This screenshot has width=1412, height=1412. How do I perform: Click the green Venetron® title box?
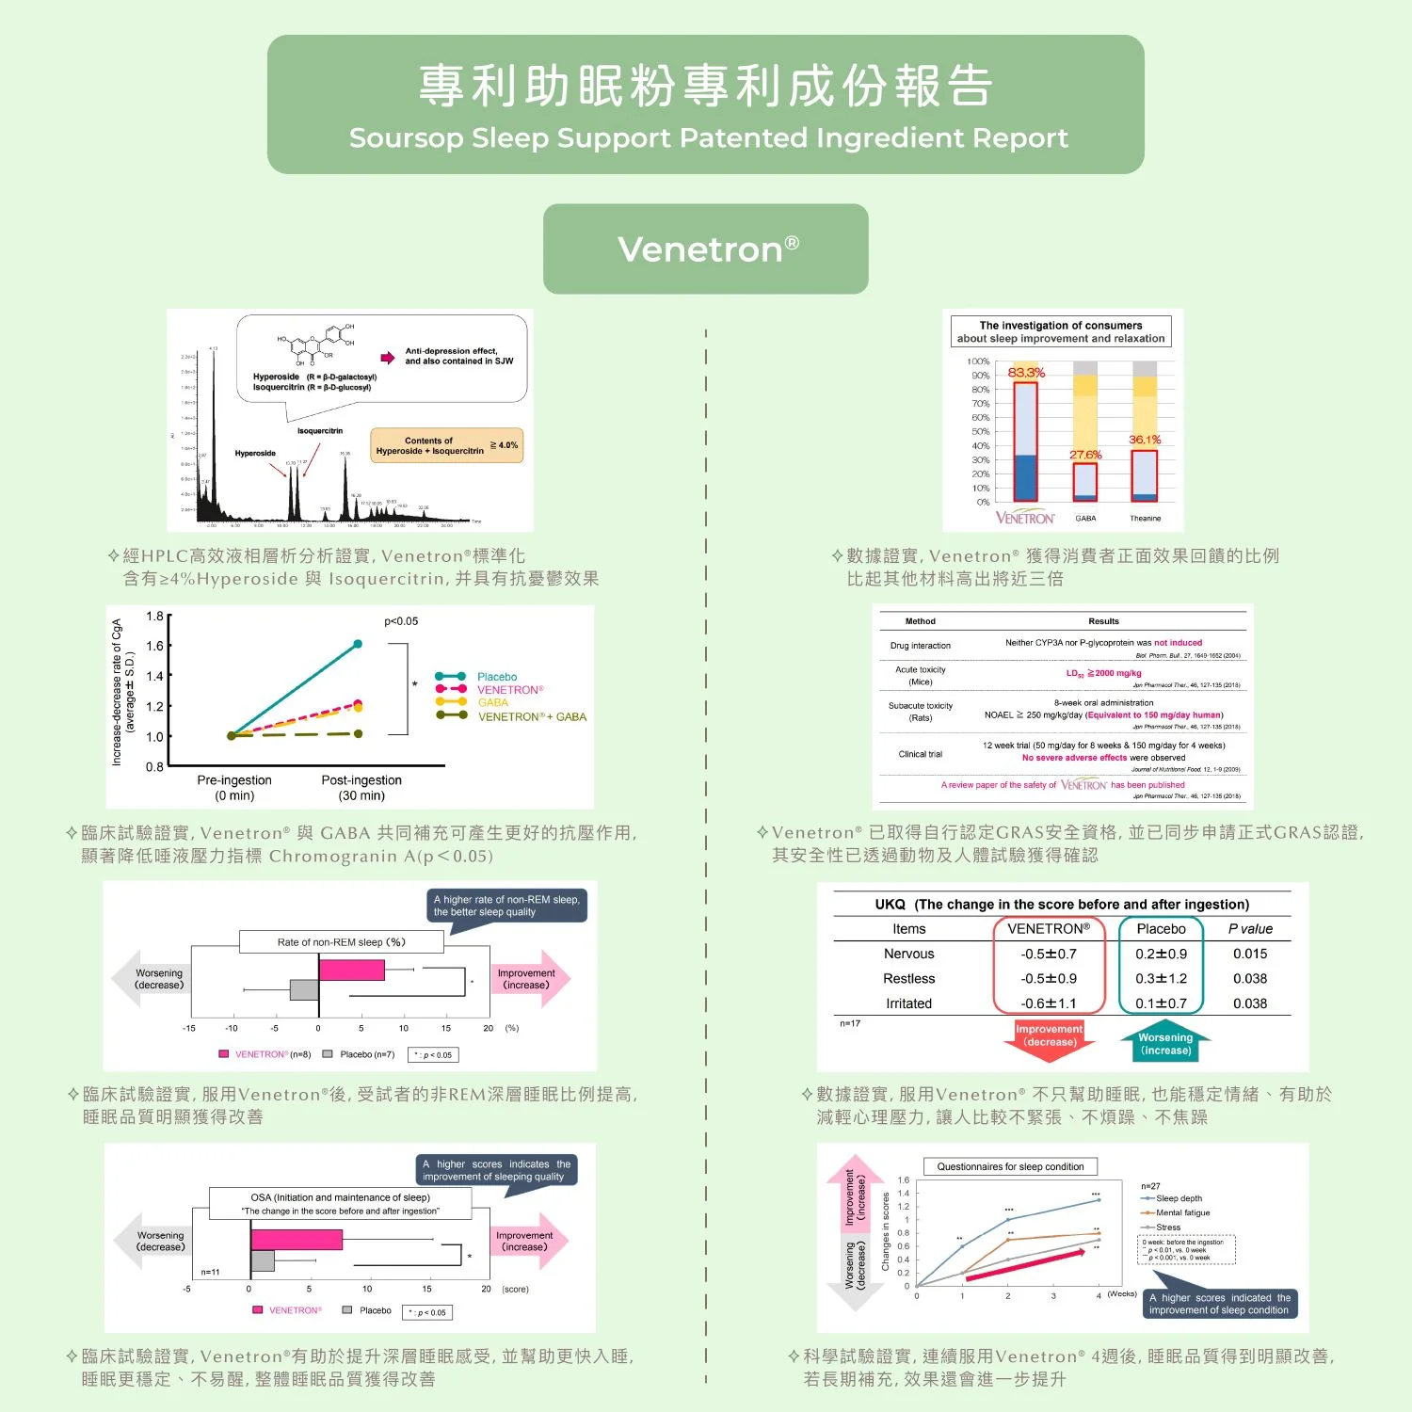[705, 249]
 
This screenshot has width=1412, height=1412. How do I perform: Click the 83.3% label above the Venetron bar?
[1026, 373]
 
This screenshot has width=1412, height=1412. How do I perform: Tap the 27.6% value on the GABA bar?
[1085, 455]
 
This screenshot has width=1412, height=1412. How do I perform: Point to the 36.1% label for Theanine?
[1145, 440]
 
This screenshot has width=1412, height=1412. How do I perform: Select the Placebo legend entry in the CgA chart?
[496, 677]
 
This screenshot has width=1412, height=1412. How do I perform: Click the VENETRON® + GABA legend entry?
[531, 716]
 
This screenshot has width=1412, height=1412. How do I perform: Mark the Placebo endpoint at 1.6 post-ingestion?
[358, 645]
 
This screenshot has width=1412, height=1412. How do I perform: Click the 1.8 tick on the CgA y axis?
[154, 617]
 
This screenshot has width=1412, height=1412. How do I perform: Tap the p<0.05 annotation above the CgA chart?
[401, 621]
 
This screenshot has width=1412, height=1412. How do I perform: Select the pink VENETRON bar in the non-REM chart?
[351, 970]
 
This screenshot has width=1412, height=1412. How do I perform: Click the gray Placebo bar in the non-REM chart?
[304, 989]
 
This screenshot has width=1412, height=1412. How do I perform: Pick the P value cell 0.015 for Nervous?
[1249, 954]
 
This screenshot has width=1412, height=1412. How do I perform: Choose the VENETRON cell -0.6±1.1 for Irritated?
[1048, 1003]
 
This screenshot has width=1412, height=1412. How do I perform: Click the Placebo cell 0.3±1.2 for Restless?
[1161, 979]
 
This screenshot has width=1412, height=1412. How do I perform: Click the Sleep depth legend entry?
[1178, 1198]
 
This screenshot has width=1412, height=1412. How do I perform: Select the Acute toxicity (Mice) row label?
[920, 676]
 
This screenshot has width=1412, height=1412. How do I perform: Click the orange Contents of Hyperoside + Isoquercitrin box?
[446, 445]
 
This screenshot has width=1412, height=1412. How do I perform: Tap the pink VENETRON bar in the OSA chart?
[296, 1239]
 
